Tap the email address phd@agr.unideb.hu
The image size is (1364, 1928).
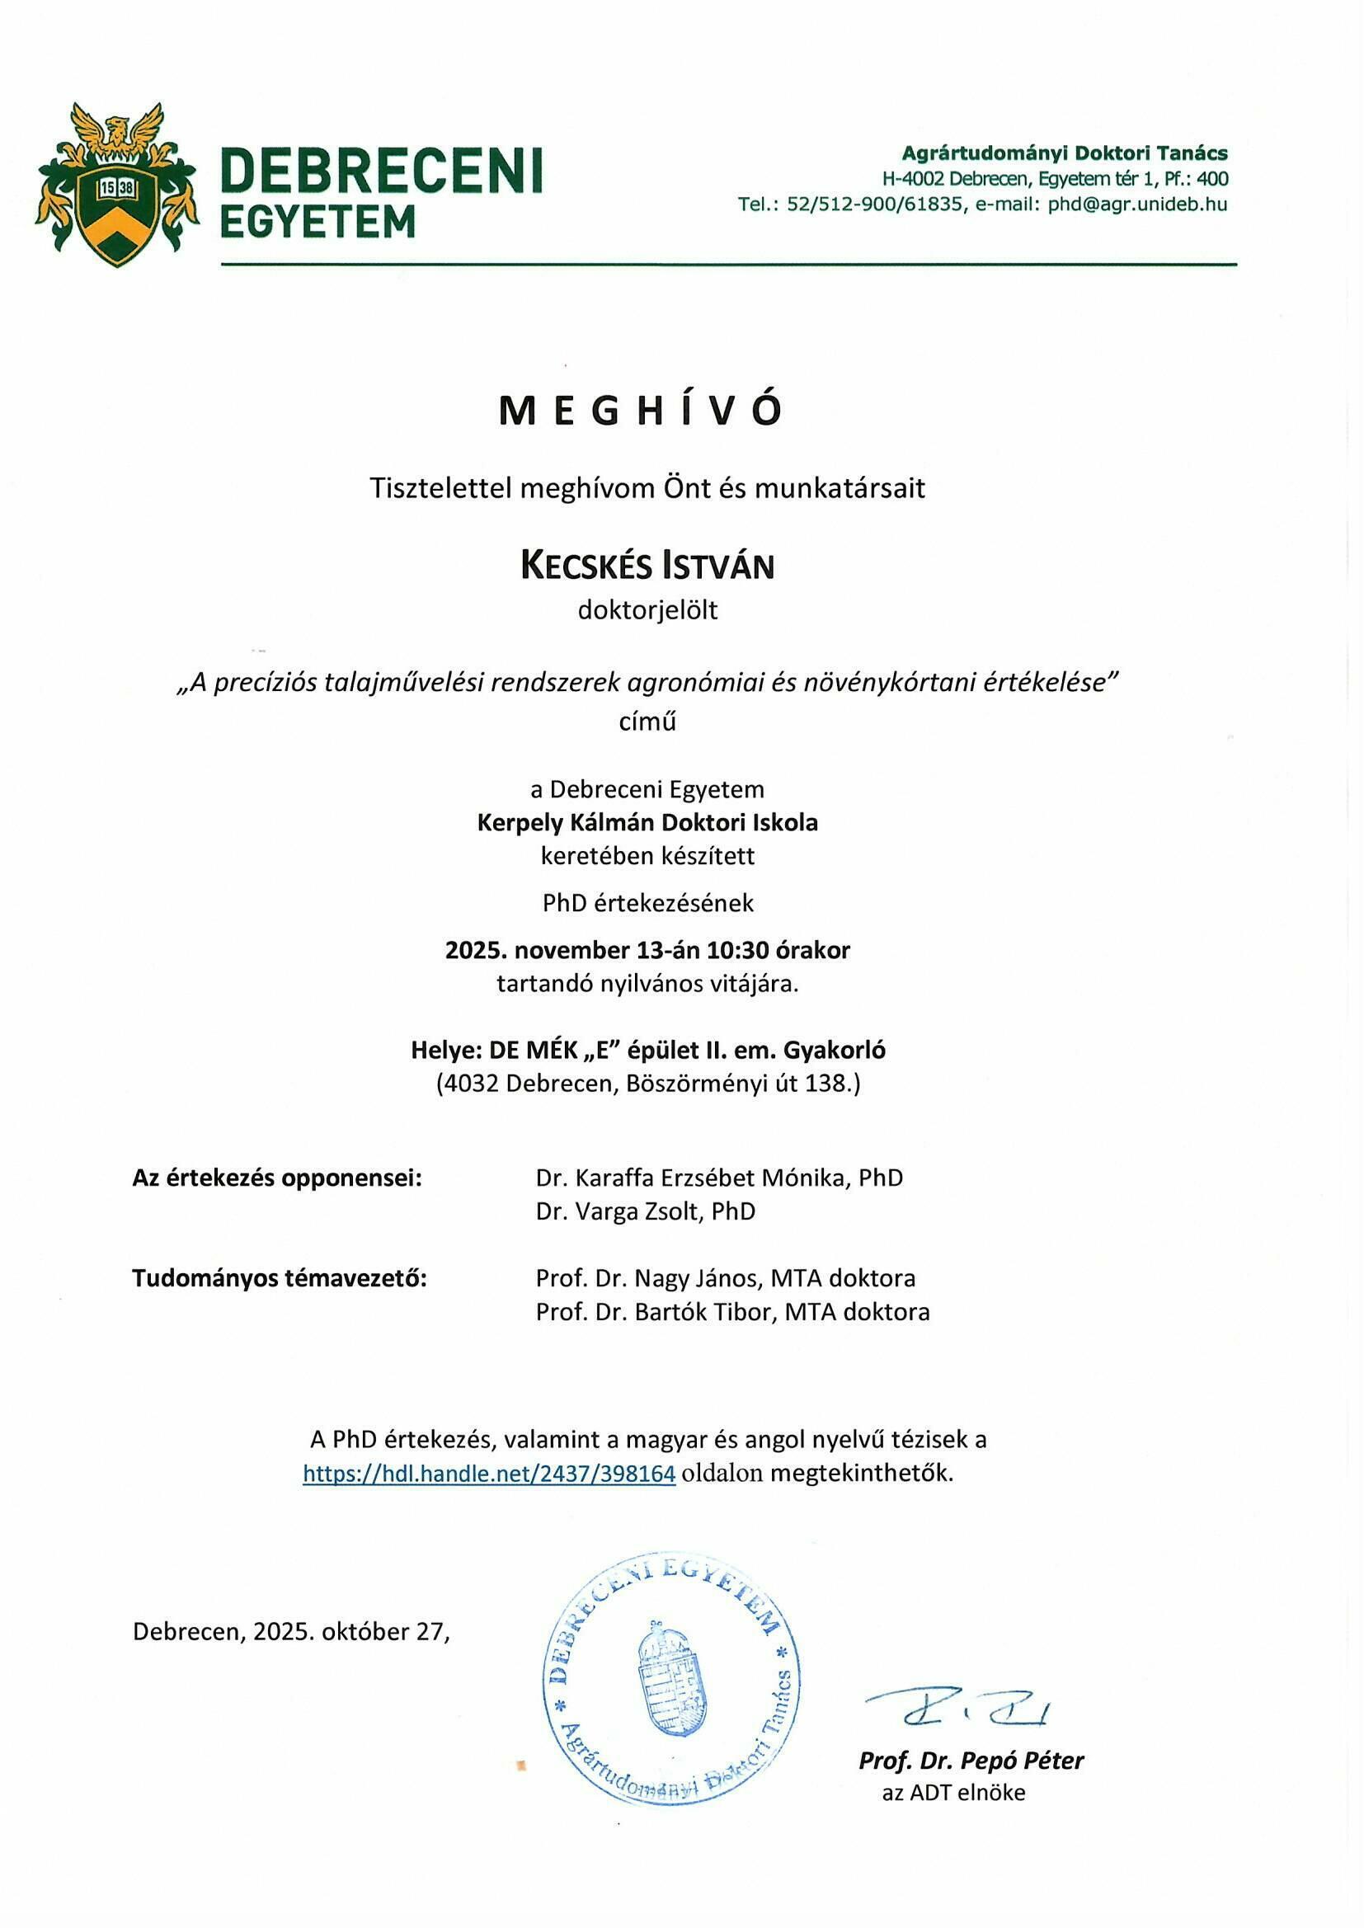1137,204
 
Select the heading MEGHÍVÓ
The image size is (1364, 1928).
641,411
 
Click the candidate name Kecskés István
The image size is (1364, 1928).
647,566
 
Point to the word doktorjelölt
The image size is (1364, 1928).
647,610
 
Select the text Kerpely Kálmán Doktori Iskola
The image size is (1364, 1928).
647,822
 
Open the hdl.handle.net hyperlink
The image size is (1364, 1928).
489,1474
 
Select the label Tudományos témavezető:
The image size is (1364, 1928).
280,1278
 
